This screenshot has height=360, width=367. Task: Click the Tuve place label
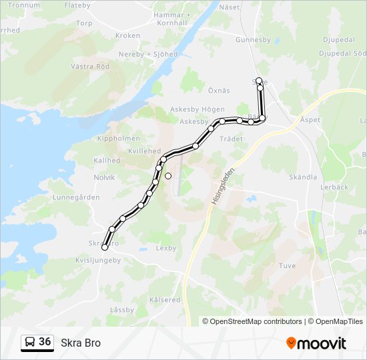287,265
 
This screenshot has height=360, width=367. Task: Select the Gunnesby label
253,40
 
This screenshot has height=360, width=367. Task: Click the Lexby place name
165,248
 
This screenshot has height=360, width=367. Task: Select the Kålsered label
165,300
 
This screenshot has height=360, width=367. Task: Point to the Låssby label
122,310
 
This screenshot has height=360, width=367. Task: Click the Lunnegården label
76,197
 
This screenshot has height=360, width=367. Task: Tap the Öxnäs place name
218,91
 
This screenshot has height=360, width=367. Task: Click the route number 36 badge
45,342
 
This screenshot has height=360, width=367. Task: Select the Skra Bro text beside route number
81,343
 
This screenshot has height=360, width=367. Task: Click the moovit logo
316,343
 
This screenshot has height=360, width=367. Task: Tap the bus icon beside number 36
30,343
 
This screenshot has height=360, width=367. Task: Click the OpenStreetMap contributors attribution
252,321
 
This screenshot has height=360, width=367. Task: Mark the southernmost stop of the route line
104,248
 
